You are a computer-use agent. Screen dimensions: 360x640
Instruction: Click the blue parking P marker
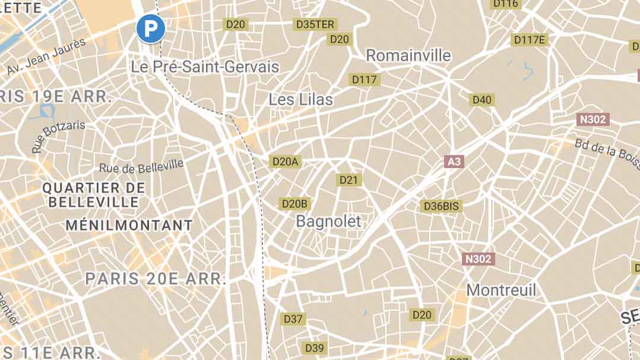pos(150,29)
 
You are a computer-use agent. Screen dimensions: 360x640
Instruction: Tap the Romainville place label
pos(408,55)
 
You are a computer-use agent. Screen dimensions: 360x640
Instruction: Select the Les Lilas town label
pos(301,99)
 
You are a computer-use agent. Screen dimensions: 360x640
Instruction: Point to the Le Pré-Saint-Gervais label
pos(205,67)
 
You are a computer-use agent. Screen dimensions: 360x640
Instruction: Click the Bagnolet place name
pos(328,222)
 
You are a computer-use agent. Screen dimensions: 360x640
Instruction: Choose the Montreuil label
pos(501,290)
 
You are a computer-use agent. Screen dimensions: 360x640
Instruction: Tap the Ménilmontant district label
pos(129,226)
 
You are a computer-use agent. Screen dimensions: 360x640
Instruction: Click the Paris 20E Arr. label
pos(156,279)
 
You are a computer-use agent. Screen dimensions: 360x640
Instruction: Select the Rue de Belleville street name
pos(141,166)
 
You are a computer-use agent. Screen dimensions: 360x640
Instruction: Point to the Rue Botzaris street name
pos(58,136)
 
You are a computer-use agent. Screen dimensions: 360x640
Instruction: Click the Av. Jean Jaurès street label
pos(46,56)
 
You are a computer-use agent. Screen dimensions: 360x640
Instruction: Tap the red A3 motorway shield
pos(454,161)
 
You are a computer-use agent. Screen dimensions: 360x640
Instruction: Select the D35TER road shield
pos(315,24)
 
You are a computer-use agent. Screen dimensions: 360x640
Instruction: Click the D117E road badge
pos(529,40)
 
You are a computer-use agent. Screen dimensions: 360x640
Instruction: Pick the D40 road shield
pos(482,99)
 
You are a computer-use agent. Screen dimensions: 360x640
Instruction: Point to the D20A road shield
pos(285,161)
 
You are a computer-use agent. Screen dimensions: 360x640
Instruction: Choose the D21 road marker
pos(350,179)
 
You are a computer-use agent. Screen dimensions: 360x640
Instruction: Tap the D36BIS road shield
pos(441,206)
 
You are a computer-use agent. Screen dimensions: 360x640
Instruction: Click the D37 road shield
pos(293,319)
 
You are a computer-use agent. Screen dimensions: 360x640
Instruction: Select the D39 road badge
pos(314,348)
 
